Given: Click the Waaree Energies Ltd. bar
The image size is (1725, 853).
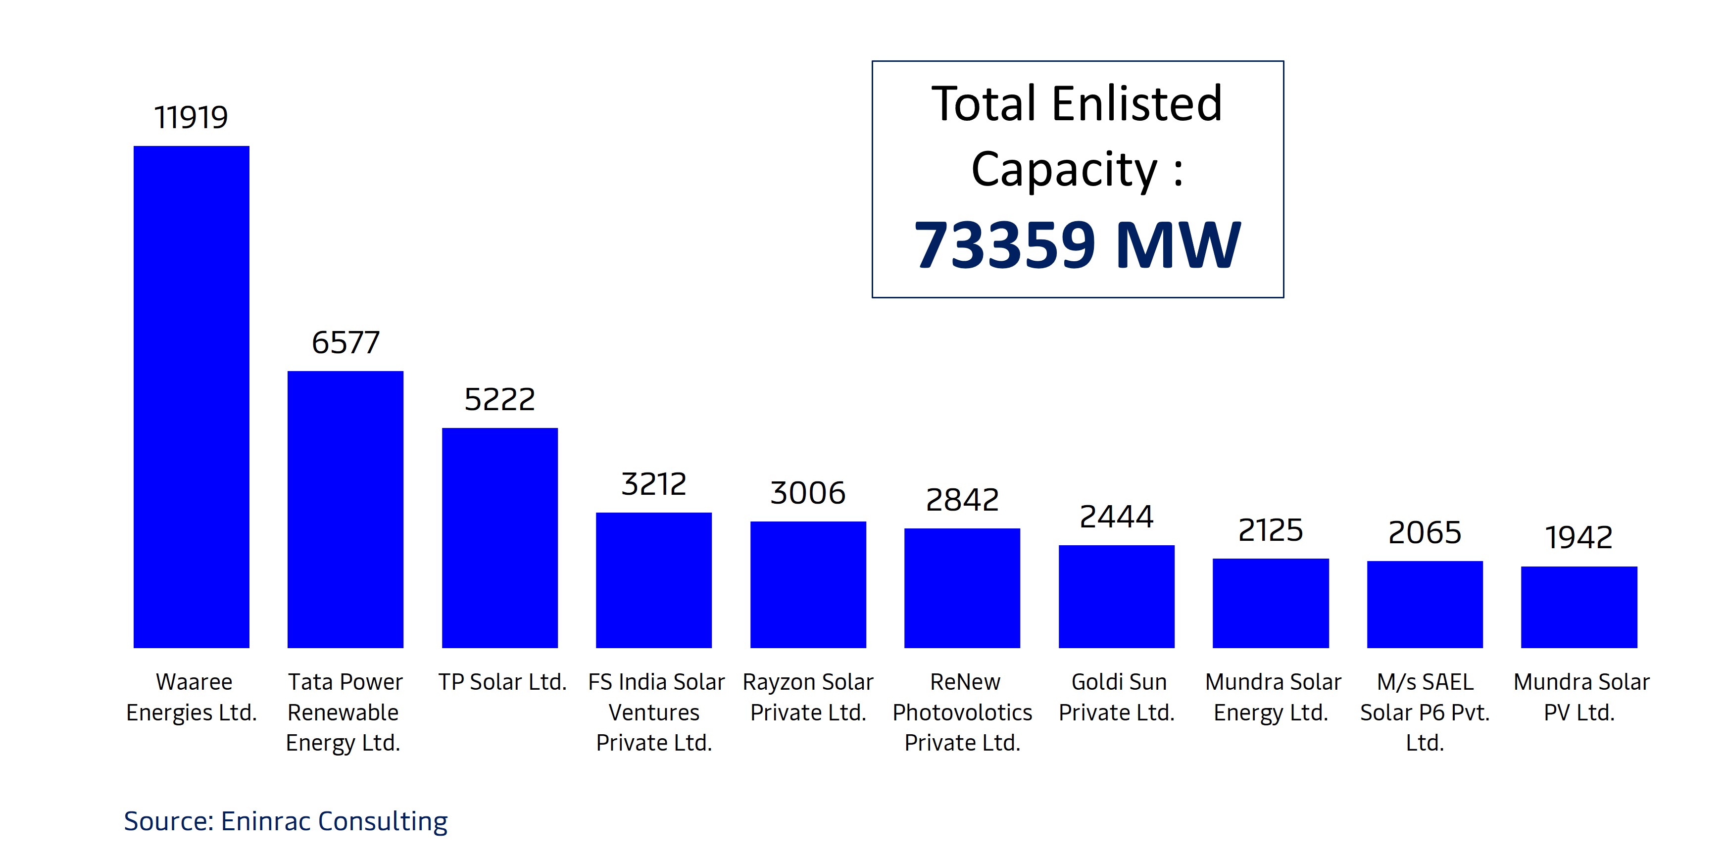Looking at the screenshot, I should (192, 396).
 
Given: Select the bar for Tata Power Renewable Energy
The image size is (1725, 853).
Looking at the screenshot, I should (345, 509).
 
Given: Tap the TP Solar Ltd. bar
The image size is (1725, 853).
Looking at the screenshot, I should (499, 538).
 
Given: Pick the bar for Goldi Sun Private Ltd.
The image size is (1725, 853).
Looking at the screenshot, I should (1116, 596).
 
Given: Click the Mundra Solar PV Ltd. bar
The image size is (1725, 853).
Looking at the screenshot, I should (1579, 607).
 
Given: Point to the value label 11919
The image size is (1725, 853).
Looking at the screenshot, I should (192, 118).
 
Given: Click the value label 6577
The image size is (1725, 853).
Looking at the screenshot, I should (345, 343).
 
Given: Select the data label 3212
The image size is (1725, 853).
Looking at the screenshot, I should (653, 484).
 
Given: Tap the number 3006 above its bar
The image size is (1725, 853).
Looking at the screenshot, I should (808, 493).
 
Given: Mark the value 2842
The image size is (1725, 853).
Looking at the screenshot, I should (962, 500).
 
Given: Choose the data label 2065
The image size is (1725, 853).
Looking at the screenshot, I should (1425, 533).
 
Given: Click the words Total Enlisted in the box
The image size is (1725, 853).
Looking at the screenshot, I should (1078, 104).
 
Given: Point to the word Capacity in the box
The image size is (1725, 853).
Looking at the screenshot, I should (1065, 169).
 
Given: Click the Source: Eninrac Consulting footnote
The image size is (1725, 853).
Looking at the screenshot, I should (286, 821).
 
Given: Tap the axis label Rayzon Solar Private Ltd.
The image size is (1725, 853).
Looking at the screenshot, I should (808, 697).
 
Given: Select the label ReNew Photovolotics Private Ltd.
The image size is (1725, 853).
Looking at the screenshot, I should (962, 711).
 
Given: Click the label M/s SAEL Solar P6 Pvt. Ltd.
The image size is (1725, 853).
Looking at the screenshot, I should (1425, 711).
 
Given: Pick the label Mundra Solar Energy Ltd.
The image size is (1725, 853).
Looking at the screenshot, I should (1272, 697).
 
